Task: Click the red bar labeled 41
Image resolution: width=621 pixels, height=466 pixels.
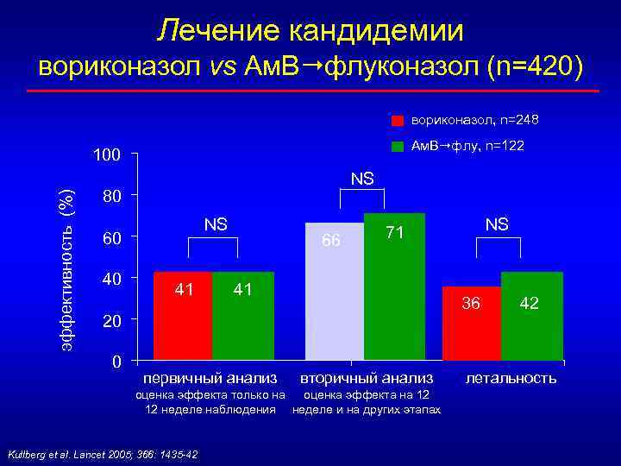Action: [182, 316]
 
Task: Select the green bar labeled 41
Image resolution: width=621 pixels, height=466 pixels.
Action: [242, 316]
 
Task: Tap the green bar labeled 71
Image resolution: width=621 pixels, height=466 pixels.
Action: [394, 286]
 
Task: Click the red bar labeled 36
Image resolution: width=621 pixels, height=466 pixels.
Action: [471, 323]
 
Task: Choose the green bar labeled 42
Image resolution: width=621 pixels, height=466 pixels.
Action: [531, 316]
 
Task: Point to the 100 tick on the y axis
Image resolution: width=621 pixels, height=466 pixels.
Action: [106, 155]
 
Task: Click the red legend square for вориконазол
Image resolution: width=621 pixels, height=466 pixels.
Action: [398, 120]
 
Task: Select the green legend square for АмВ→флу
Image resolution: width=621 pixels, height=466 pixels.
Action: [398, 147]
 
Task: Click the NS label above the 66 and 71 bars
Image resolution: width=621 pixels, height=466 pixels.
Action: [363, 179]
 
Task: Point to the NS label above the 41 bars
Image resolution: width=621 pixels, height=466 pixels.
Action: [216, 224]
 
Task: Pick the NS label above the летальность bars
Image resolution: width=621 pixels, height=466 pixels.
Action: [496, 224]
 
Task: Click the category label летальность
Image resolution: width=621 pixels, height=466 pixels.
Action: [511, 378]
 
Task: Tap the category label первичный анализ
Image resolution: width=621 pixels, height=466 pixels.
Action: [210, 378]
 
